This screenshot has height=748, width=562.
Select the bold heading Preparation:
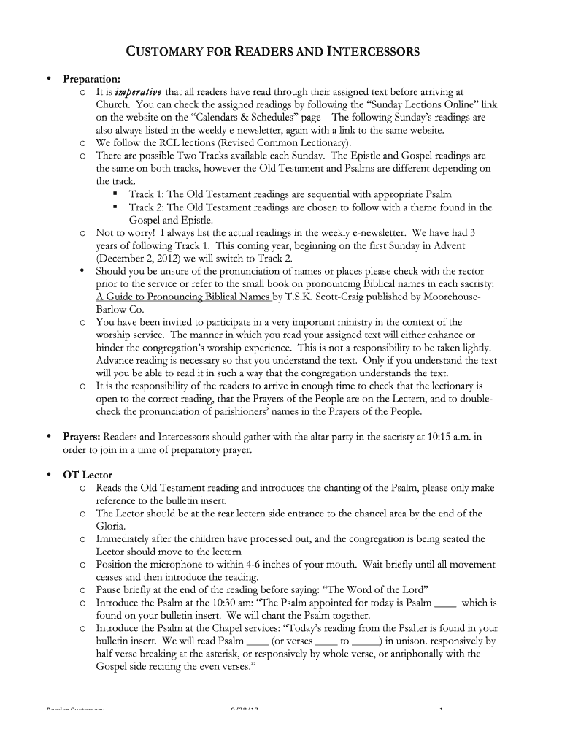point(91,79)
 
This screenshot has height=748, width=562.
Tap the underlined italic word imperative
point(139,92)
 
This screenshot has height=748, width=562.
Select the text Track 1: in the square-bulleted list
point(147,194)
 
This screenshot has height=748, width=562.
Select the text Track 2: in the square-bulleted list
point(147,207)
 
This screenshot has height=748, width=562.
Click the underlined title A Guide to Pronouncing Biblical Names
point(183,297)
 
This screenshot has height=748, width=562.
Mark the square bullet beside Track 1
point(115,194)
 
